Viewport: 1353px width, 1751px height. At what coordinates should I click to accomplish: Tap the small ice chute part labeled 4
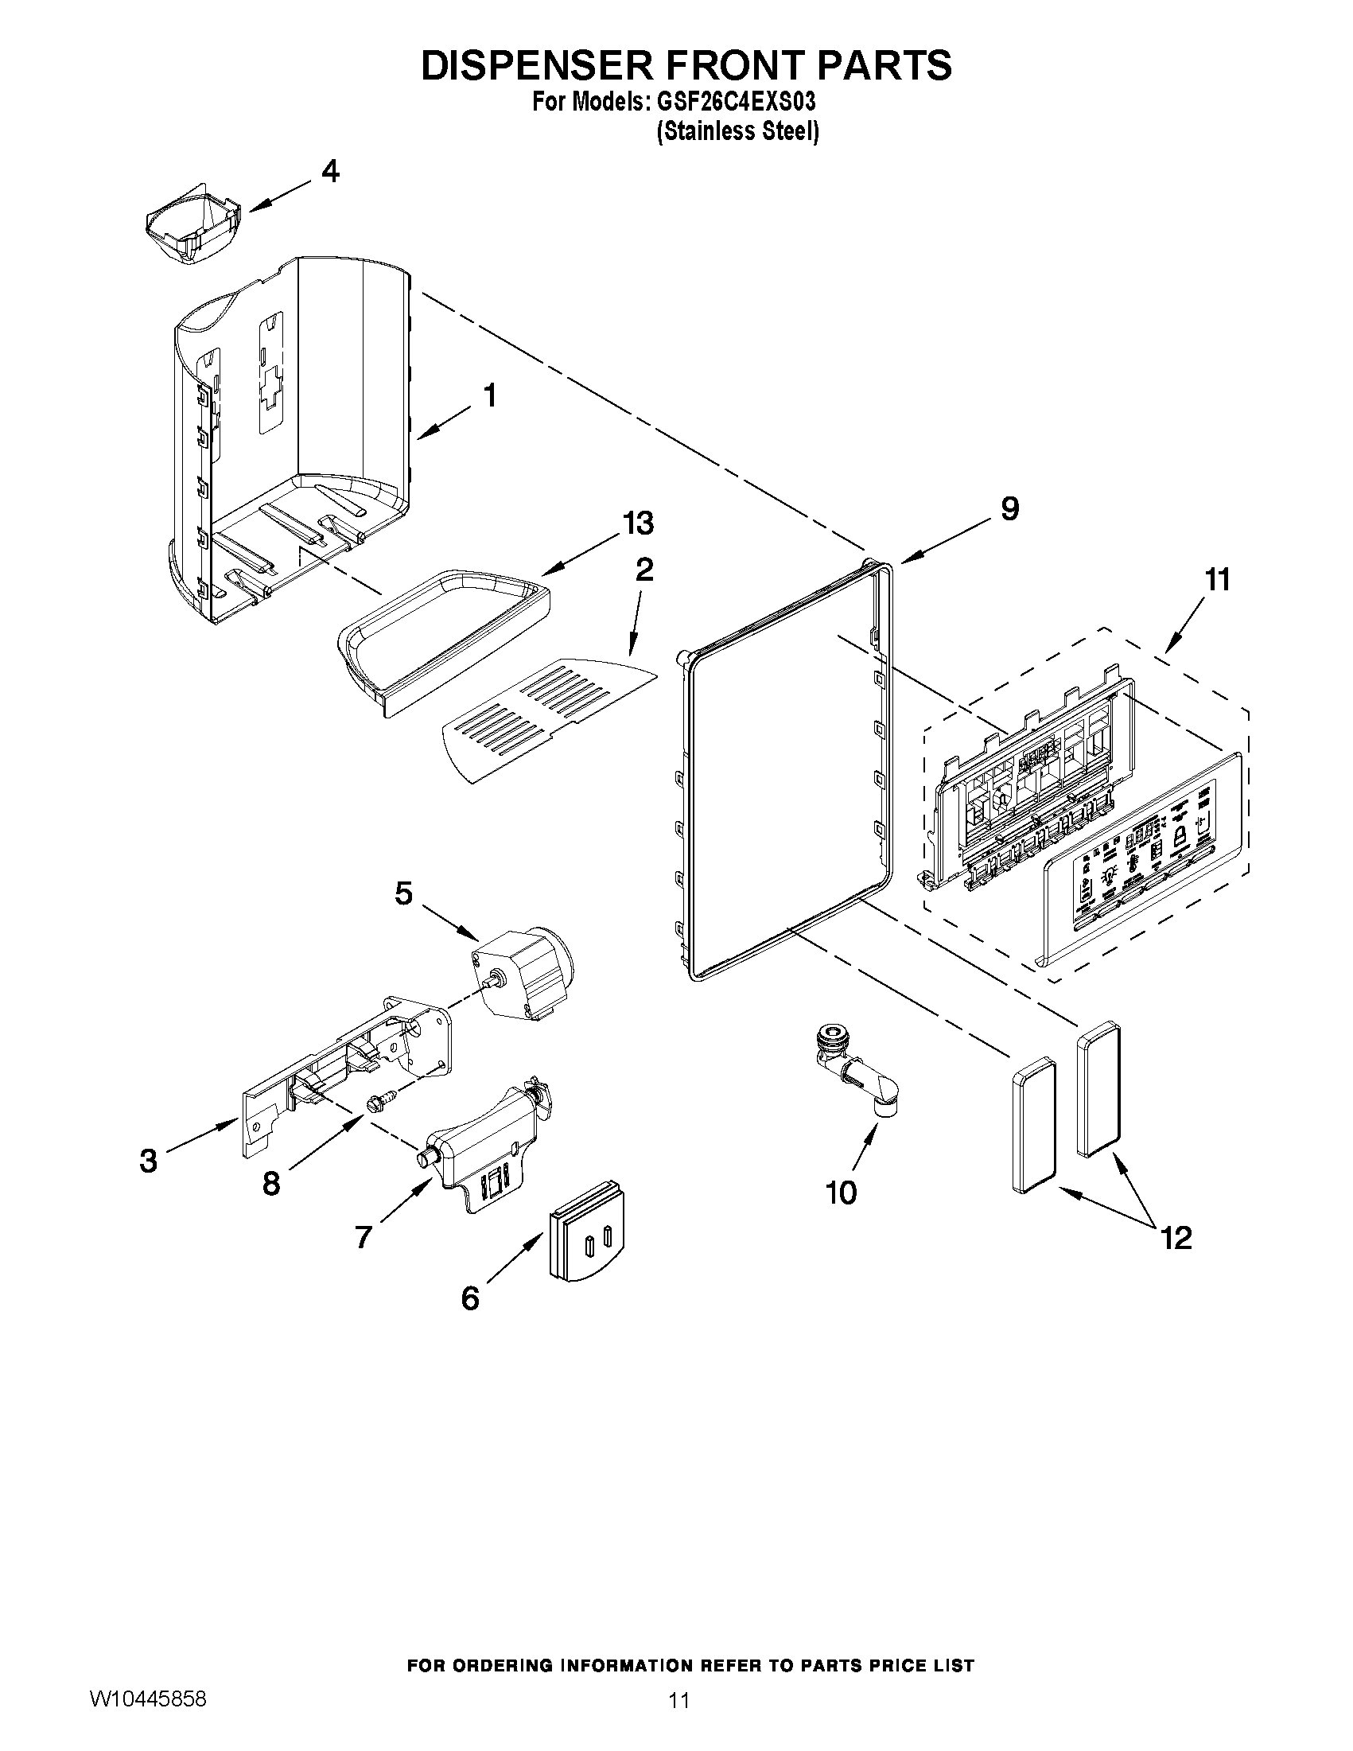click(x=192, y=226)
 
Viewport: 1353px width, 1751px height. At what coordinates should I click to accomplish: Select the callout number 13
click(x=638, y=523)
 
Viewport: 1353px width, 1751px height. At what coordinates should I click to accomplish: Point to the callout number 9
click(x=1009, y=508)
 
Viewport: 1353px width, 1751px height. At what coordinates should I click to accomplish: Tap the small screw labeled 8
click(x=375, y=1105)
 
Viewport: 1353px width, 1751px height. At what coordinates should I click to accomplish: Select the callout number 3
click(x=148, y=1160)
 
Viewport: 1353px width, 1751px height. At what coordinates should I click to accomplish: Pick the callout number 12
click(x=1176, y=1238)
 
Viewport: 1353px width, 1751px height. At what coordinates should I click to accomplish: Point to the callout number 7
click(x=363, y=1237)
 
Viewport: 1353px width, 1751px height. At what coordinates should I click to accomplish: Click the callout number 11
click(x=1218, y=579)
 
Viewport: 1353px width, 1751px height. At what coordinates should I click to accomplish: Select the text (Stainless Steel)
click(x=737, y=130)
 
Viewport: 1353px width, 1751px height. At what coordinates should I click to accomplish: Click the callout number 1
click(x=489, y=395)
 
